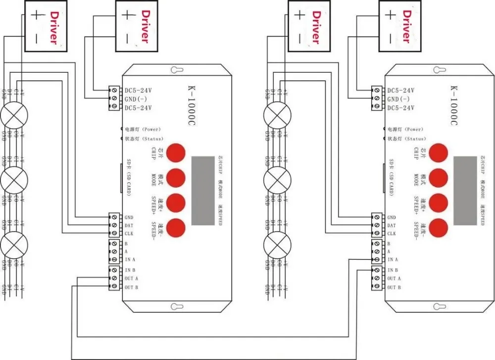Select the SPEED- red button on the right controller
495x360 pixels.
coord(438,227)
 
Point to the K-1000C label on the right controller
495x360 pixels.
coord(454,107)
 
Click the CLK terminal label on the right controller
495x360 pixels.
coord(391,234)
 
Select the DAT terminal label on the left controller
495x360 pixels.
coord(129,225)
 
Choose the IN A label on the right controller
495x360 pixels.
coord(393,259)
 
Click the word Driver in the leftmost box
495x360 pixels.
coord(53,28)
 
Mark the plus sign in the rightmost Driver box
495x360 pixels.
coord(391,15)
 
